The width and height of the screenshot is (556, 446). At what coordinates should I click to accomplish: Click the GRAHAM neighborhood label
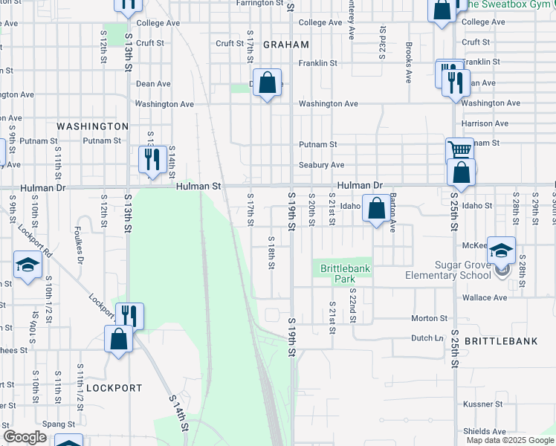pyautogui.click(x=285, y=45)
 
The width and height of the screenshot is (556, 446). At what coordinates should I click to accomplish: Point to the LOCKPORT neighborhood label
pyautogui.click(x=114, y=388)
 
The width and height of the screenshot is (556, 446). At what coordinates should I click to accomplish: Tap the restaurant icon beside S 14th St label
pyautogui.click(x=151, y=159)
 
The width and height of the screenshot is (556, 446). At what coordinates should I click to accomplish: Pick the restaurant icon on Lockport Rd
pyautogui.click(x=128, y=316)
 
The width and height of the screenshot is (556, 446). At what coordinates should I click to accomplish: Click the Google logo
pyautogui.click(x=25, y=437)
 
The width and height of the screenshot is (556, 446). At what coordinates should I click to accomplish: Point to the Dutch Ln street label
pyautogui.click(x=427, y=337)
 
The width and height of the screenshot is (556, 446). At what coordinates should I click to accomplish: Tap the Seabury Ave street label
pyautogui.click(x=321, y=165)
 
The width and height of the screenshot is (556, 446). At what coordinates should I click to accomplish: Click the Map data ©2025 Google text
pyautogui.click(x=510, y=440)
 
